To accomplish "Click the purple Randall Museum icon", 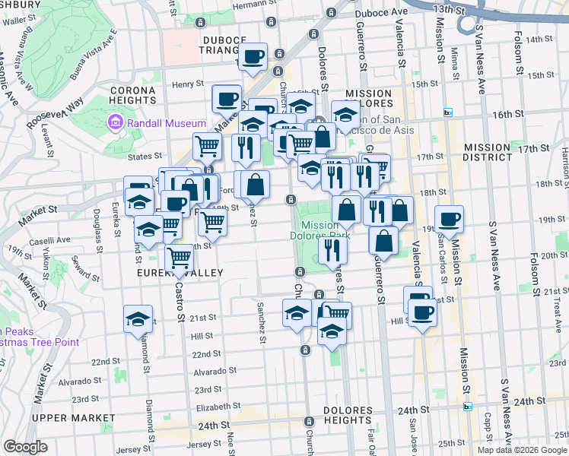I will [115, 122].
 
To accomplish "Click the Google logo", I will [25, 446].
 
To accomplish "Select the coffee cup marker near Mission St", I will [450, 219].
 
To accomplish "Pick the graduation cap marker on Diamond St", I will [138, 318].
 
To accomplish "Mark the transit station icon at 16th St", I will [448, 112].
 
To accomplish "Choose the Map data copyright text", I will [521, 449].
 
